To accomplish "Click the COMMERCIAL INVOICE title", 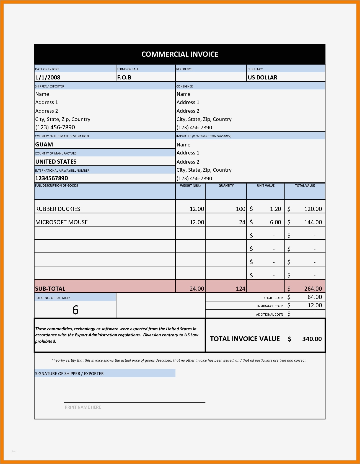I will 180,54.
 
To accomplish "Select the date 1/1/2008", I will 48,78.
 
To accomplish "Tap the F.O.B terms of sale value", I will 124,78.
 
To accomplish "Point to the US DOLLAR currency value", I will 262,78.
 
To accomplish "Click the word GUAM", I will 44,145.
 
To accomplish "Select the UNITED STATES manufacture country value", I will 56,162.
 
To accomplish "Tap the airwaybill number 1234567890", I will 51,178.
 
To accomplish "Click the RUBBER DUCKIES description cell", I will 58,209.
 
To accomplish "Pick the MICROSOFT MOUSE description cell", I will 61,222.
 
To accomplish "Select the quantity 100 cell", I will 240,209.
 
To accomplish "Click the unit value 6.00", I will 275,222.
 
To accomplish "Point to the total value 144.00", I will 313,222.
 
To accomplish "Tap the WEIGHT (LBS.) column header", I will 190,185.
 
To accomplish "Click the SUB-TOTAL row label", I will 50,289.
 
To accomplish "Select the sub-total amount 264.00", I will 313,289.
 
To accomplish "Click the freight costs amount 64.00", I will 315,297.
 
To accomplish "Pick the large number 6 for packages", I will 75,310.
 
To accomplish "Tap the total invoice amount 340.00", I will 312,339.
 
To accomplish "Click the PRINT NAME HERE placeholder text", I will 83,407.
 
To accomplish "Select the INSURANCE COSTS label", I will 270,306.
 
